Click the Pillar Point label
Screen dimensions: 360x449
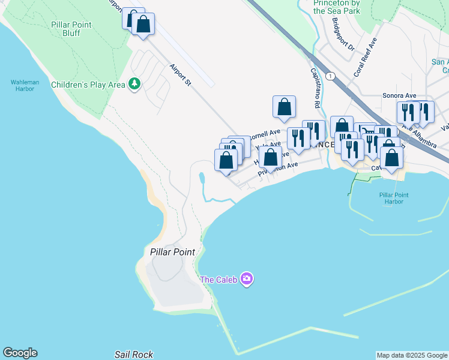[172, 252]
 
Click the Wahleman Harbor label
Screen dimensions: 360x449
[22, 85]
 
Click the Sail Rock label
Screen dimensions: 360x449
[134, 355]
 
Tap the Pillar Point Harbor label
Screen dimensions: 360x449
[394, 199]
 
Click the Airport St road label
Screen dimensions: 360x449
[179, 75]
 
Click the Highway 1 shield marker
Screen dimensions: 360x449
[330, 75]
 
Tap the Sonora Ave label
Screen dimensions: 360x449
[399, 95]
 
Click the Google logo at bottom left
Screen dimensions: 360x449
[20, 353]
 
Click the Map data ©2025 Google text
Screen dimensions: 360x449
[412, 355]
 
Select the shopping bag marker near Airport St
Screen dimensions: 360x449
[143, 24]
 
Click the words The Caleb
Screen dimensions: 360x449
[218, 280]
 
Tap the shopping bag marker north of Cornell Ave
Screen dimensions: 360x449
[285, 107]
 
